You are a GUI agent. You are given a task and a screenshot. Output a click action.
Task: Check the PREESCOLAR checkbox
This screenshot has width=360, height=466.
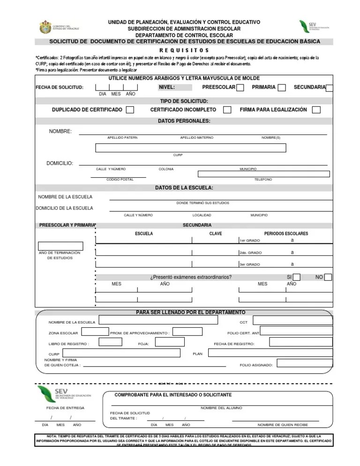click(x=240, y=88)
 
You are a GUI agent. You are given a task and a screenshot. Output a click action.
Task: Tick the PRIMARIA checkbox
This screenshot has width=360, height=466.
click(x=282, y=88)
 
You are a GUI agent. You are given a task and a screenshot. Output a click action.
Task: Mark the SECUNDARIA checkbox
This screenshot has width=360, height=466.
click(x=330, y=88)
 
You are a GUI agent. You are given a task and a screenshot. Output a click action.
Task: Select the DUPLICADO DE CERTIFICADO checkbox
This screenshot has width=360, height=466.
click(x=130, y=110)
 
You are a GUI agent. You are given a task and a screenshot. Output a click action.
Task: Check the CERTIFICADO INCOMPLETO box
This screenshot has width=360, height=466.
click(x=227, y=110)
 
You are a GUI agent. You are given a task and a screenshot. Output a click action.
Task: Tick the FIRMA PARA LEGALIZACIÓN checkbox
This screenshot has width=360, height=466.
click(x=316, y=110)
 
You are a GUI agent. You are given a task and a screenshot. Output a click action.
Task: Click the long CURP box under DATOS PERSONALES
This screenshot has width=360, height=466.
click(x=190, y=148)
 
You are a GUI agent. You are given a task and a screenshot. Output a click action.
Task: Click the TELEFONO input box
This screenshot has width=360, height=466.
click(x=263, y=174)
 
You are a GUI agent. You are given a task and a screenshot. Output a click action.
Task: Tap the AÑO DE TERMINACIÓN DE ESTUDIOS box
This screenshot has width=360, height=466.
click(x=60, y=246)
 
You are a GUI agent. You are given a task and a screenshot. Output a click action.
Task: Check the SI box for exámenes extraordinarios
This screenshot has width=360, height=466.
click(x=297, y=277)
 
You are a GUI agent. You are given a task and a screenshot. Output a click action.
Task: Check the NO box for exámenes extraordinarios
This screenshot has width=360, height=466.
click(x=328, y=277)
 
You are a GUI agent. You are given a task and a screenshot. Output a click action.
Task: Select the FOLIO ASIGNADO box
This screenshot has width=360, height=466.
click(x=304, y=363)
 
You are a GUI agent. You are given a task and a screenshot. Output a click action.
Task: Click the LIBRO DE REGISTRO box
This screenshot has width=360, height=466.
click(x=110, y=342)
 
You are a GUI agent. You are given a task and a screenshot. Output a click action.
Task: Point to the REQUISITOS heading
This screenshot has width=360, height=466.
click(x=184, y=50)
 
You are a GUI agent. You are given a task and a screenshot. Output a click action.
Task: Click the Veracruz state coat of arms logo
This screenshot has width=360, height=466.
click(x=45, y=27)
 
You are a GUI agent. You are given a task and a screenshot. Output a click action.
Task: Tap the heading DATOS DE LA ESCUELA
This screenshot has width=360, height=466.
click(x=184, y=188)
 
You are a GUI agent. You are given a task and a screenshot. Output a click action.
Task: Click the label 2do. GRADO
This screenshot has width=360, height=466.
click(x=251, y=252)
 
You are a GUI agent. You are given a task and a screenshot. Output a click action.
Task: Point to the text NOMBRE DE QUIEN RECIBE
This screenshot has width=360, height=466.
click(x=283, y=425)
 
